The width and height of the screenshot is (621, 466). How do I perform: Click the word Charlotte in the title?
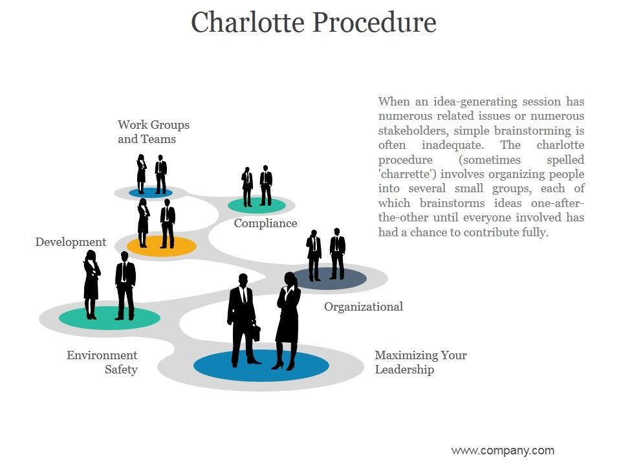click(x=248, y=23)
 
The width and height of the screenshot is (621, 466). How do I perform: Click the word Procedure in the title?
click(x=375, y=23)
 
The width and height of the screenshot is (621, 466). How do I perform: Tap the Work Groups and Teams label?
click(x=153, y=131)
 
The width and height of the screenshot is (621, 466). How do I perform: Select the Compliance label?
click(x=265, y=223)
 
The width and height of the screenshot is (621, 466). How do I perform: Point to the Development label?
click(x=71, y=242)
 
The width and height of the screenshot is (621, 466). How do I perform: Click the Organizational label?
click(x=363, y=307)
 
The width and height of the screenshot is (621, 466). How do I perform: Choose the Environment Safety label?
click(x=102, y=362)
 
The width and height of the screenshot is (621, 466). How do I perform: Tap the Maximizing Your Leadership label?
click(x=420, y=362)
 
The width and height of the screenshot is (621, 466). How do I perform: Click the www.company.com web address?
click(x=502, y=450)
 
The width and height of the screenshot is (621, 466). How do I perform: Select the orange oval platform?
click(x=162, y=246)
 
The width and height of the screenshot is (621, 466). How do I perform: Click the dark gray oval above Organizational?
click(x=330, y=279)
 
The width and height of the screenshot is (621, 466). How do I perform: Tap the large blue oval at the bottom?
click(x=261, y=366)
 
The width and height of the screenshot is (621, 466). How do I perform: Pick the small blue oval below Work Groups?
click(x=150, y=192)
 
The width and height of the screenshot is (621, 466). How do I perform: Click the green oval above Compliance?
click(x=257, y=206)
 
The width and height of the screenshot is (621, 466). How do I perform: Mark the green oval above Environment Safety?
click(x=109, y=316)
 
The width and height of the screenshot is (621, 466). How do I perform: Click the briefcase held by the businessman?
click(x=256, y=333)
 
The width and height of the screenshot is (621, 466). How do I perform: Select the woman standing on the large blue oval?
click(x=288, y=320)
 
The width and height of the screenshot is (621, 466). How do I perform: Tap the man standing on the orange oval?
click(x=168, y=223)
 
